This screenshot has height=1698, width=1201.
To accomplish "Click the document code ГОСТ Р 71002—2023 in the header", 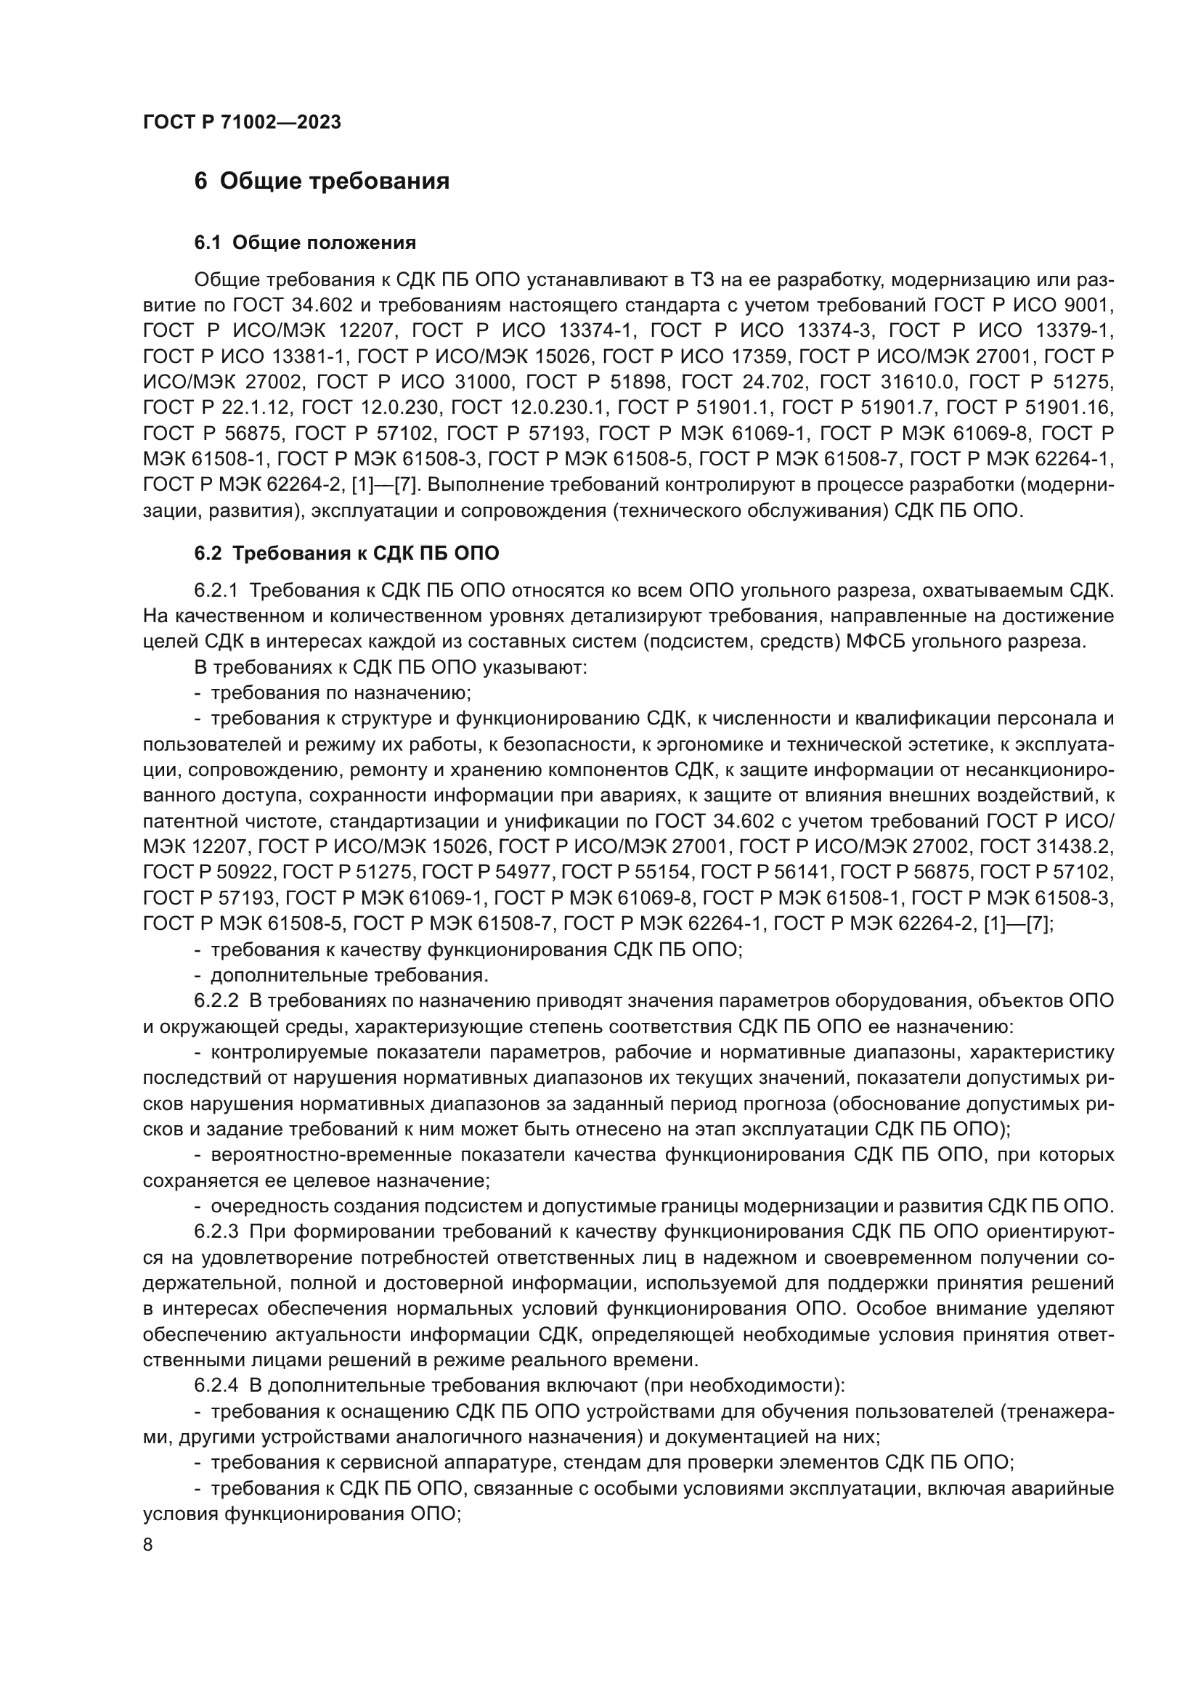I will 242,122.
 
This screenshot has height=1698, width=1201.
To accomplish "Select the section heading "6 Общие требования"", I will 322,181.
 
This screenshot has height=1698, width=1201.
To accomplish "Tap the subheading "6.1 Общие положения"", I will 305,242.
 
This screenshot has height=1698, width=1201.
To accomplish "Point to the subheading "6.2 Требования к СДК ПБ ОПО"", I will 346,553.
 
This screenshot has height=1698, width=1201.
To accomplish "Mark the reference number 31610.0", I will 917,383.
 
